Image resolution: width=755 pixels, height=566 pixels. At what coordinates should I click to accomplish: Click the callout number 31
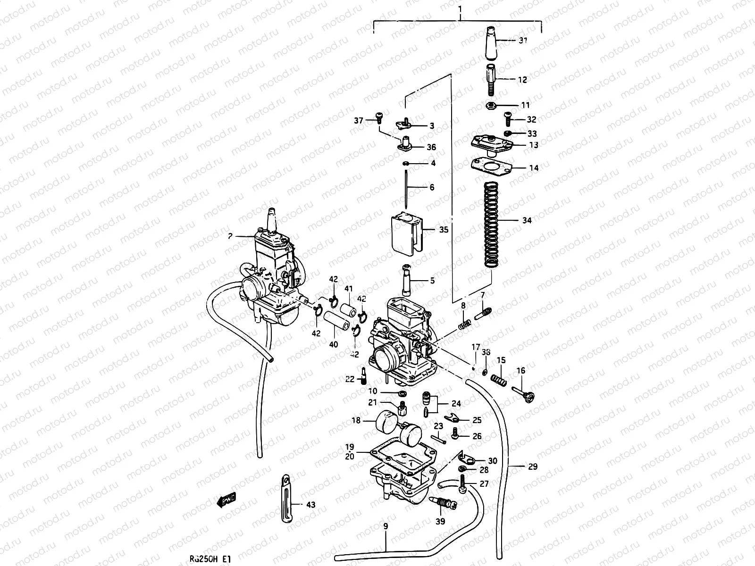click(x=522, y=41)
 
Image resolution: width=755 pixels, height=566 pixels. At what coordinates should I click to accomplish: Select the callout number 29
click(x=533, y=467)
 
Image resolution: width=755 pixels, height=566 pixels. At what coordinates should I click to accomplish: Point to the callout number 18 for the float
click(x=355, y=420)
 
